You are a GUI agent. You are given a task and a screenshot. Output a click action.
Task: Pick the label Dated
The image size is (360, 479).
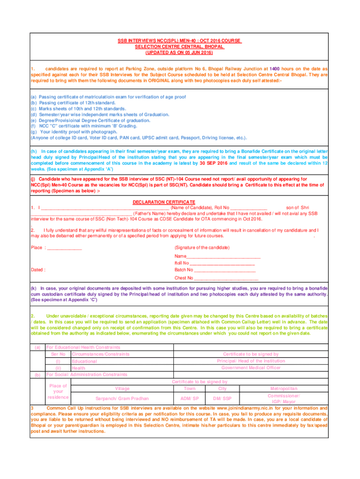coord(38,270)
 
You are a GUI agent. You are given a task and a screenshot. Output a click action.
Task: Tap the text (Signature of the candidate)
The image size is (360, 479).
coord(202,247)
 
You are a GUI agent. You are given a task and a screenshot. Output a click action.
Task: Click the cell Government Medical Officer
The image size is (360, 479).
coord(251,368)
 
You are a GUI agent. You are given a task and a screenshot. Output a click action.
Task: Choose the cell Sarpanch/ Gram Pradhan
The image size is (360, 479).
coord(122,399)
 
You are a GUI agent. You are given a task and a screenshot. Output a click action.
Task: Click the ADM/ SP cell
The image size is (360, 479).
coord(190,399)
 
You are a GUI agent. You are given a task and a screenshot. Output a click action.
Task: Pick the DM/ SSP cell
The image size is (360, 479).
coord(222,399)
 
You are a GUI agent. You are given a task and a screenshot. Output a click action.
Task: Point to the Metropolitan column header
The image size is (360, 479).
coord(284,389)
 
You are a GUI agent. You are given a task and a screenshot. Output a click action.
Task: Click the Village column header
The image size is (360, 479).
coord(122,389)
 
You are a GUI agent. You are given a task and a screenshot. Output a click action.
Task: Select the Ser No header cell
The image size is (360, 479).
coord(58,354)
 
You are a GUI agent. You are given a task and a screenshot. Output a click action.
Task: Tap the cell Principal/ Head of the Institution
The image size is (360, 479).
coord(251,361)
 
